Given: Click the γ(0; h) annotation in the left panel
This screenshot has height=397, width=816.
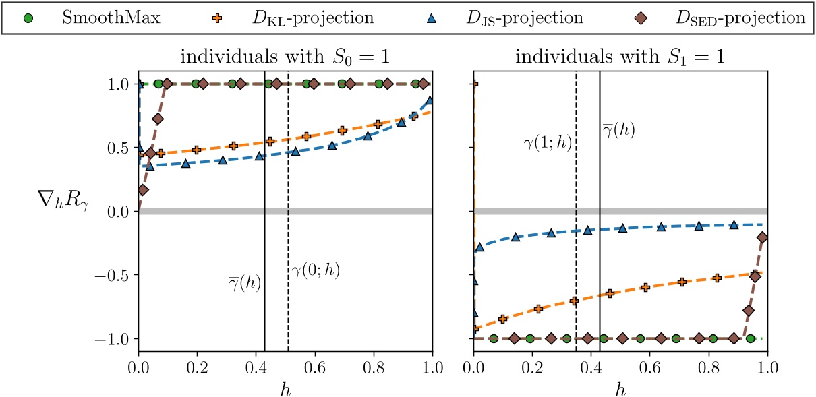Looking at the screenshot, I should click(316, 271).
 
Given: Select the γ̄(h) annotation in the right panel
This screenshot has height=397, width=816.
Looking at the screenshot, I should click(619, 129).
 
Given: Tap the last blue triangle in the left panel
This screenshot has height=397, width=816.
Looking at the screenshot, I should click(429, 100).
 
